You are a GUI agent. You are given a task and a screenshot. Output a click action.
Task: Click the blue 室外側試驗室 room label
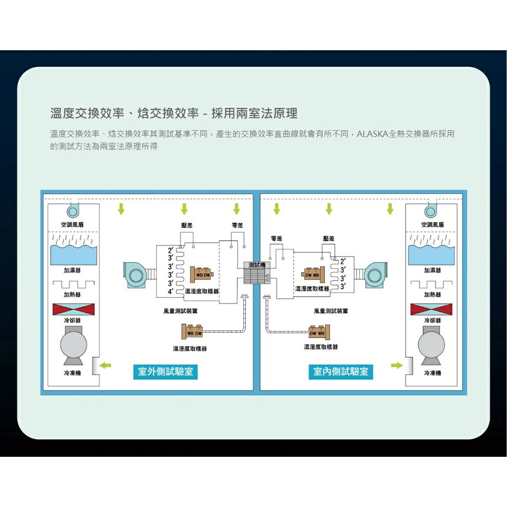click(x=166, y=372)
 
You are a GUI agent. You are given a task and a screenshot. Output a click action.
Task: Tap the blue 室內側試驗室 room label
click(x=341, y=372)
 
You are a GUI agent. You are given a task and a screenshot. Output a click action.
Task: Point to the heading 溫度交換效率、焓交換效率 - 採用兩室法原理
click(x=174, y=113)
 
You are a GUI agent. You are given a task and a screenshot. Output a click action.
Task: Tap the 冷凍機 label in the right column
click(x=431, y=373)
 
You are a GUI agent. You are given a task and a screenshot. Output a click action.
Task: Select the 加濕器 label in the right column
click(x=432, y=270)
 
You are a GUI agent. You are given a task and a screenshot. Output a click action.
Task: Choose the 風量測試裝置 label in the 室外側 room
click(x=180, y=311)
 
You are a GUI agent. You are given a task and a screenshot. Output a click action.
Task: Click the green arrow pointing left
click(x=105, y=365)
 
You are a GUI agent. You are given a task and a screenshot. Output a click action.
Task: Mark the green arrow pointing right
click(x=397, y=365)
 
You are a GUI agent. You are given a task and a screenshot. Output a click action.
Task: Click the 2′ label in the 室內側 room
click(x=344, y=261)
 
